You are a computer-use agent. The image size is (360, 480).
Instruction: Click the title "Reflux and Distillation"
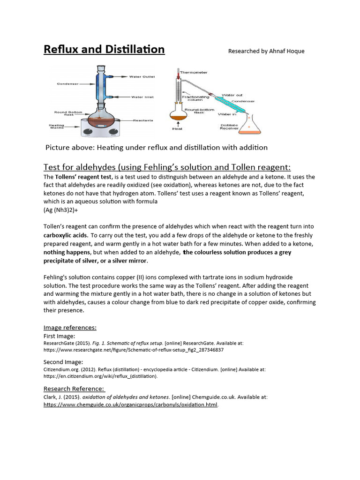[x=104, y=49]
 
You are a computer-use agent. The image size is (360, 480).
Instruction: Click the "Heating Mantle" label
[x=57, y=126]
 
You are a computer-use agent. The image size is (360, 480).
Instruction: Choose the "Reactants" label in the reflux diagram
[x=142, y=120]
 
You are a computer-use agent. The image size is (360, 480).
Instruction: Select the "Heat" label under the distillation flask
[x=178, y=129]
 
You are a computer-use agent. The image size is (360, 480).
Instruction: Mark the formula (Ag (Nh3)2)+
[x=60, y=210]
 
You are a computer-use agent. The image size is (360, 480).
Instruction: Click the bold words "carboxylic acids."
[x=66, y=235]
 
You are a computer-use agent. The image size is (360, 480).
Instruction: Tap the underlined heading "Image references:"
[x=70, y=327]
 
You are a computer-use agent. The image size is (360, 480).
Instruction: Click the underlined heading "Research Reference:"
[x=74, y=389]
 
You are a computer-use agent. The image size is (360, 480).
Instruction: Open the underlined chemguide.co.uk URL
[x=131, y=405]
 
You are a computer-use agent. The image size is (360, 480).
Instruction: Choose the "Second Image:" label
[x=63, y=362]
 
